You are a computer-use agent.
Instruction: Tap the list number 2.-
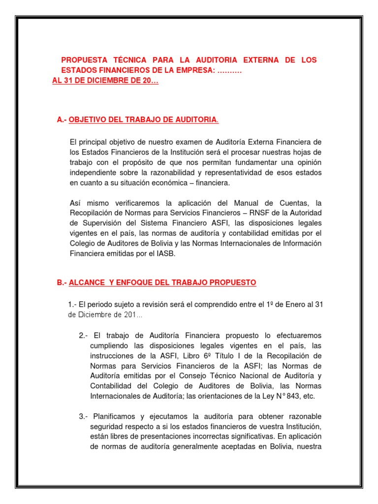point(83,336)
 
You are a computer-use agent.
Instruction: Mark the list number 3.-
point(83,416)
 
